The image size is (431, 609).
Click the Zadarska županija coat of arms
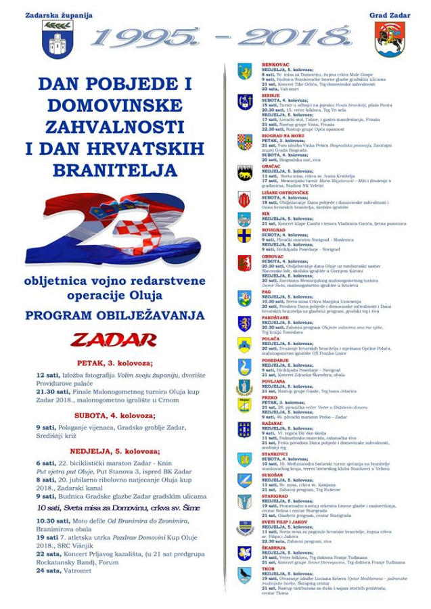click(57, 39)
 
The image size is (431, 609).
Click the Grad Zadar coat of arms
click(390, 39)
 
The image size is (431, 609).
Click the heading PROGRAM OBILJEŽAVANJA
click(114, 315)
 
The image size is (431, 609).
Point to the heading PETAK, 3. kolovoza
click(114, 363)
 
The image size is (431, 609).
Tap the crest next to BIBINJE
click(244, 101)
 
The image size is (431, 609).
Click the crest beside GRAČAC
click(244, 173)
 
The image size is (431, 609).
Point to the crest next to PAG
click(244, 298)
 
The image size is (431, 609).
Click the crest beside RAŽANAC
click(244, 429)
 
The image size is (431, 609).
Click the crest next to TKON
click(244, 574)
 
